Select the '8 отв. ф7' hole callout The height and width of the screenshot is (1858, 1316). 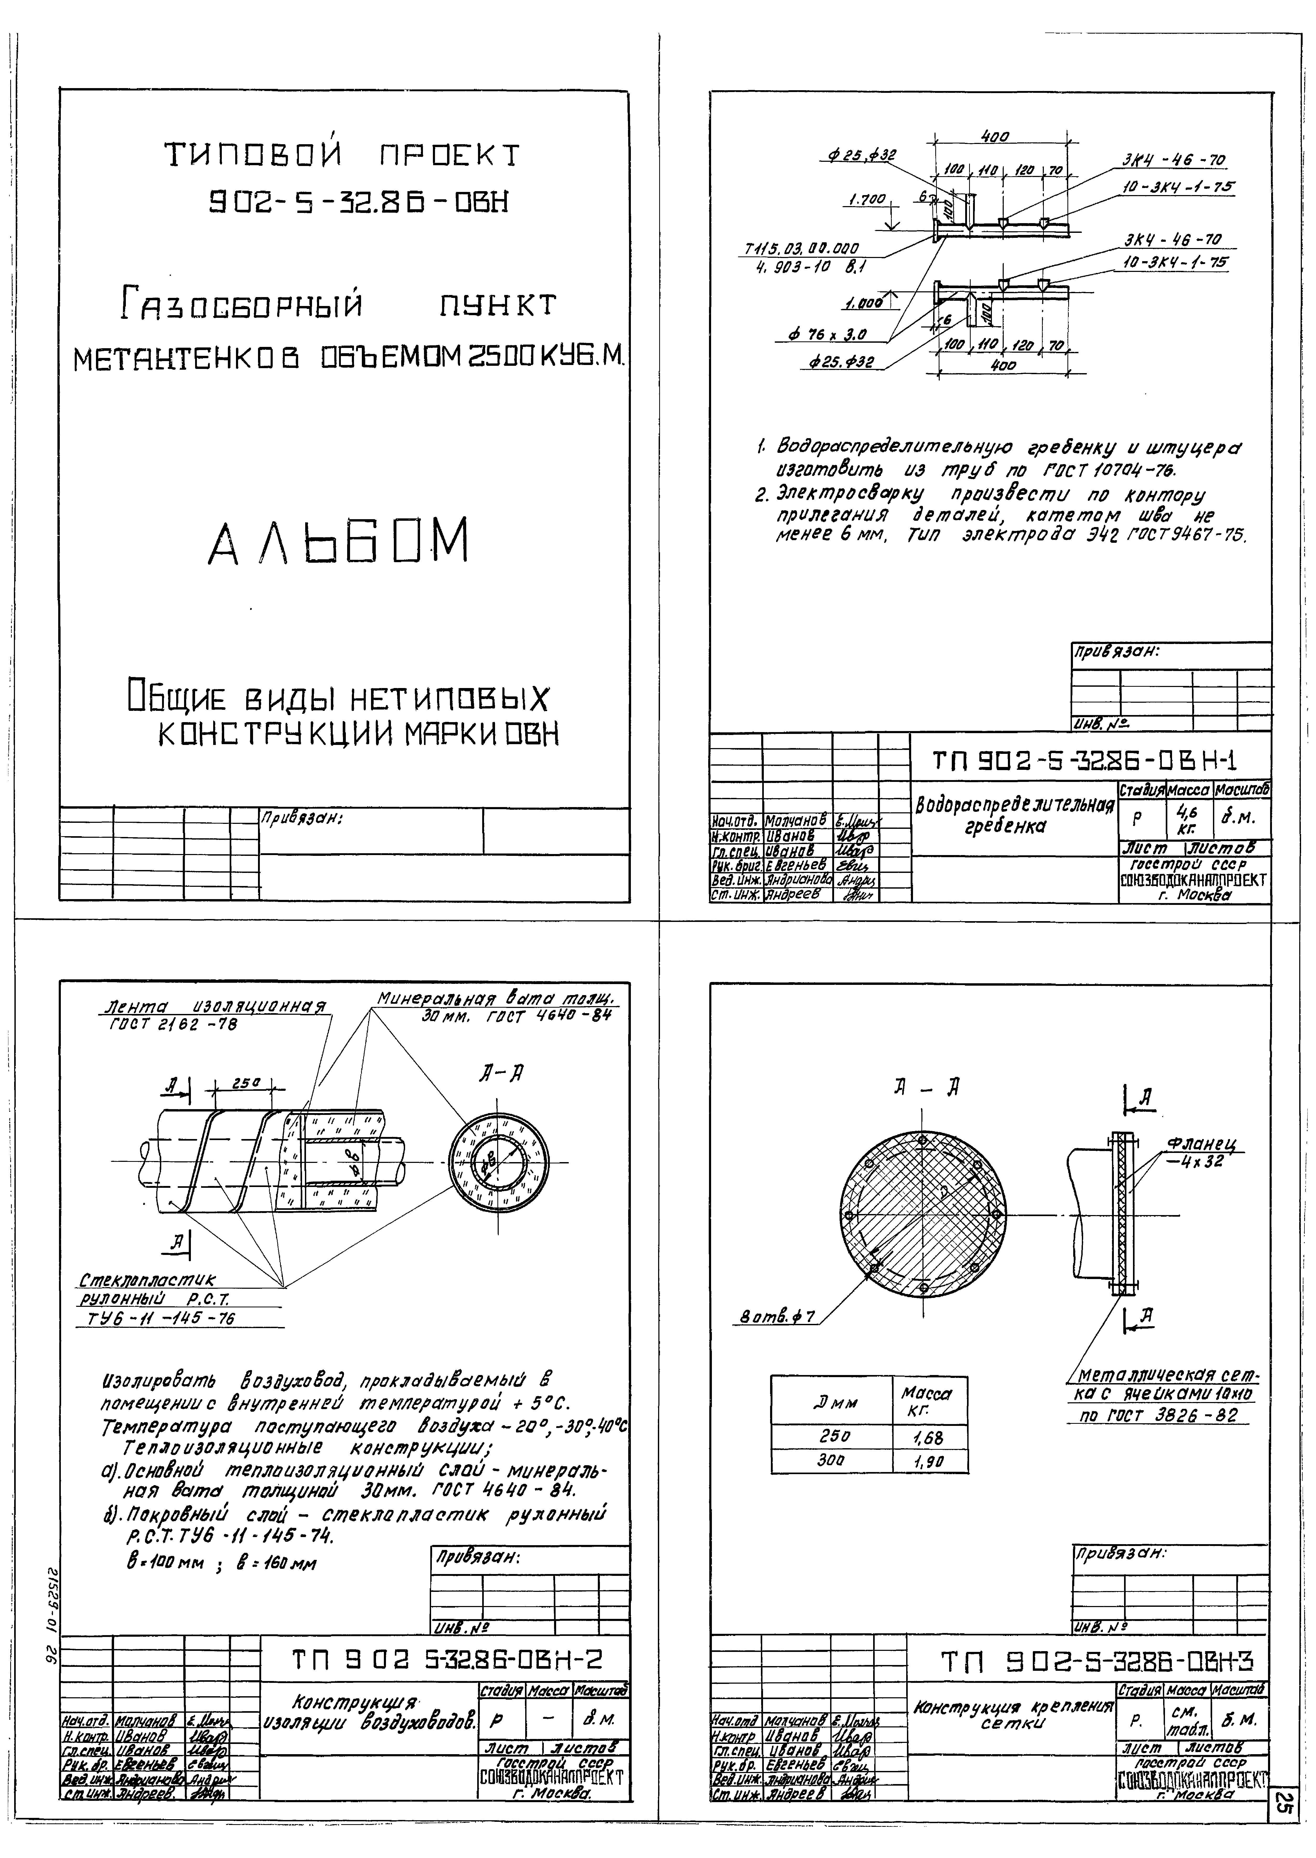point(774,1319)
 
